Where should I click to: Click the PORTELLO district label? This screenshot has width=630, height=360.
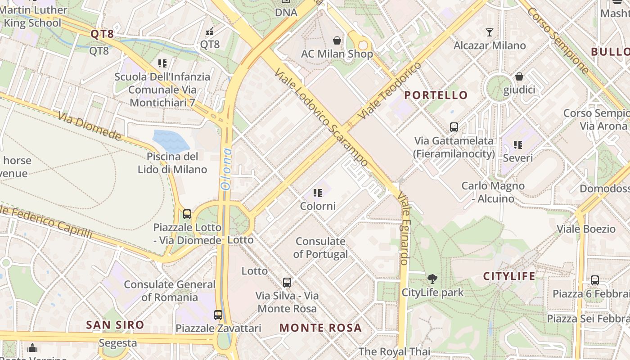436,95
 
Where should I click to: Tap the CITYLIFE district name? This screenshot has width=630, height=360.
509,276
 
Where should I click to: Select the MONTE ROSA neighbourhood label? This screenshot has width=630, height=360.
320,328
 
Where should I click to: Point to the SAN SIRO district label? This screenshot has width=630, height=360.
115,325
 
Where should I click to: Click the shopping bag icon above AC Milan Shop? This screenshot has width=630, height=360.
337,41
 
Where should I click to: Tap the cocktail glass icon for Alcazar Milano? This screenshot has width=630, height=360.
490,32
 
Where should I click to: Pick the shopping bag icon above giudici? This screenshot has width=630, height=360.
519,77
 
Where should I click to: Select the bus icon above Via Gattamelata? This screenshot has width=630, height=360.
454,127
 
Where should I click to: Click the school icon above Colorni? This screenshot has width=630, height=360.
318,193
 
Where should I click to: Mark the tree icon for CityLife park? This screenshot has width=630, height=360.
432,279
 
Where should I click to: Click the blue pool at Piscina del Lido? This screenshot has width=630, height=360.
171,140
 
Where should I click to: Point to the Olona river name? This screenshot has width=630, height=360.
225,168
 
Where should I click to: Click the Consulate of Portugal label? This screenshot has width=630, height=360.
320,247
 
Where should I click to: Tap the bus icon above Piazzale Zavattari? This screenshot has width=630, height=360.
218,315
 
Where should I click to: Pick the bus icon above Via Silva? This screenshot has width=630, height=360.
287,283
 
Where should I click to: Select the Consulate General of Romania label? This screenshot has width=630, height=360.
170,291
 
